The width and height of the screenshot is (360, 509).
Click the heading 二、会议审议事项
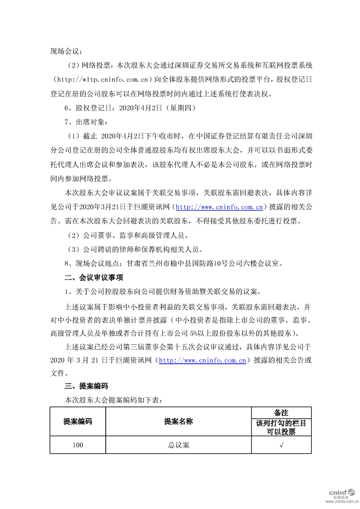[x=94, y=277]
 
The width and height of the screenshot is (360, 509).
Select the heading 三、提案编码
[x=86, y=386]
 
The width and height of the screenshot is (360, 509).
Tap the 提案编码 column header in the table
[x=78, y=421]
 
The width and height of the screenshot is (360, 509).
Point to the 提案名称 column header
[x=178, y=421]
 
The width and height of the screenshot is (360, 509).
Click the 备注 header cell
[x=281, y=412]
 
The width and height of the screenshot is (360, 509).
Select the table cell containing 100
[x=78, y=445]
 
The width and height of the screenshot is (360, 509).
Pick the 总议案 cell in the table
[x=178, y=445]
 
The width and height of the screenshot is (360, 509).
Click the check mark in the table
[x=281, y=445]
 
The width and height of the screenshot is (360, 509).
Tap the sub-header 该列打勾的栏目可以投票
[x=281, y=427]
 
